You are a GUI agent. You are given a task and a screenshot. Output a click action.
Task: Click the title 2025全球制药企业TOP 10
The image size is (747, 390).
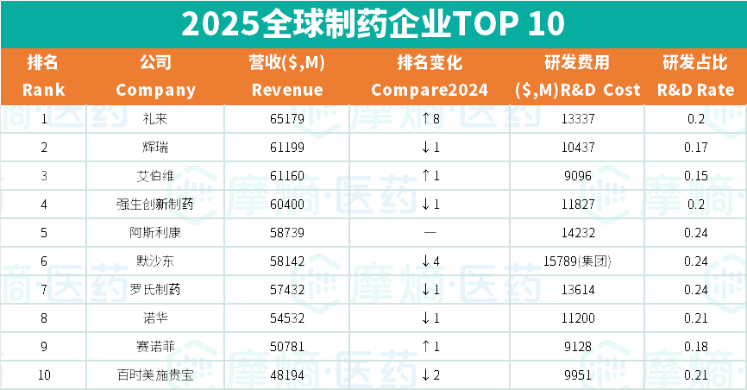point(373,23)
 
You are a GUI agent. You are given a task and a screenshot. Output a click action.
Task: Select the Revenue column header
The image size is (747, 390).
point(287,76)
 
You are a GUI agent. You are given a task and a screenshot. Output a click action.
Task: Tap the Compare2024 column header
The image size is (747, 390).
point(429,76)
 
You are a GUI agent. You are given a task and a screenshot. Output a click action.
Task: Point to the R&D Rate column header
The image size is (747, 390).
point(695,76)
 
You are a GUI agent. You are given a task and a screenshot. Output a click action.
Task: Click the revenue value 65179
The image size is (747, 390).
point(287,119)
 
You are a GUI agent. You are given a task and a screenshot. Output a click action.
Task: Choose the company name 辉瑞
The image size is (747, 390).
point(155,148)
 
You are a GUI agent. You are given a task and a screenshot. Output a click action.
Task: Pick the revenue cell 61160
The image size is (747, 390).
point(287,176)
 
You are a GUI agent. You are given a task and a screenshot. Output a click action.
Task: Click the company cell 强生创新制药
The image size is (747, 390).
point(155,204)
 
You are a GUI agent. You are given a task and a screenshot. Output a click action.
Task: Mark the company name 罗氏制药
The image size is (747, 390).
point(155,290)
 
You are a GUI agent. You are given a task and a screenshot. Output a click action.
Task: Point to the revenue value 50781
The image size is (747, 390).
point(287,347)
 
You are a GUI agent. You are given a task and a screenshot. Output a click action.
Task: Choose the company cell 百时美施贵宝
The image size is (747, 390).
point(155,375)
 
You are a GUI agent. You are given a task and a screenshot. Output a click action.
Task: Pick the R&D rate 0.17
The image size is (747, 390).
point(696,148)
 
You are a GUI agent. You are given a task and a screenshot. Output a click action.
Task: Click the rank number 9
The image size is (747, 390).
point(44,347)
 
